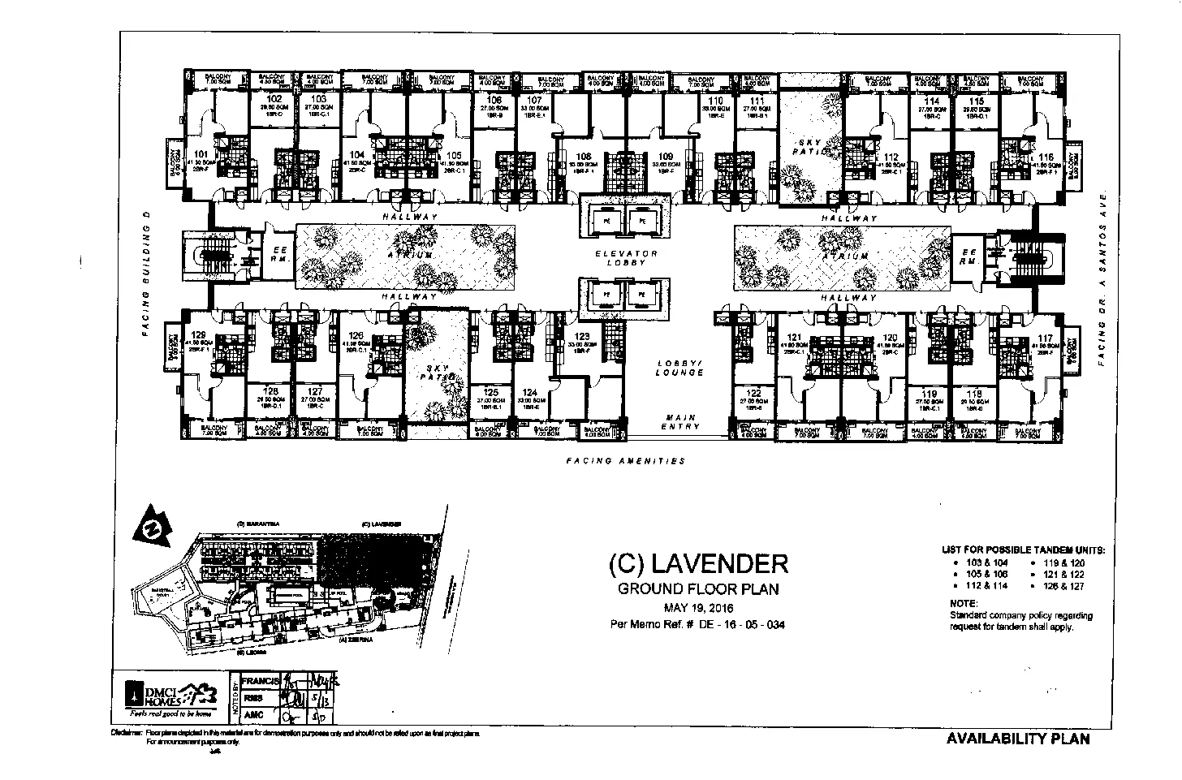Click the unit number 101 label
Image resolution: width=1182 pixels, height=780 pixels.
click(201, 153)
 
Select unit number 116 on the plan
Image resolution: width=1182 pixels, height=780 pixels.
click(1046, 157)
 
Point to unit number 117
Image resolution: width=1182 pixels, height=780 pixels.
click(1045, 338)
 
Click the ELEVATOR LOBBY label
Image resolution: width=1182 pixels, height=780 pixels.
click(626, 258)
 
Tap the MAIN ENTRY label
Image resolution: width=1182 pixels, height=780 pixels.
click(679, 422)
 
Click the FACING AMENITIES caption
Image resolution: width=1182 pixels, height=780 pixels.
click(625, 461)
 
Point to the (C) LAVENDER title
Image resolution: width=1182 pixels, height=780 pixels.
click(697, 562)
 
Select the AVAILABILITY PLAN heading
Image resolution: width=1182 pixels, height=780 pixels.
click(1017, 739)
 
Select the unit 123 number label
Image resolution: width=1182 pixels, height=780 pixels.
click(582, 335)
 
